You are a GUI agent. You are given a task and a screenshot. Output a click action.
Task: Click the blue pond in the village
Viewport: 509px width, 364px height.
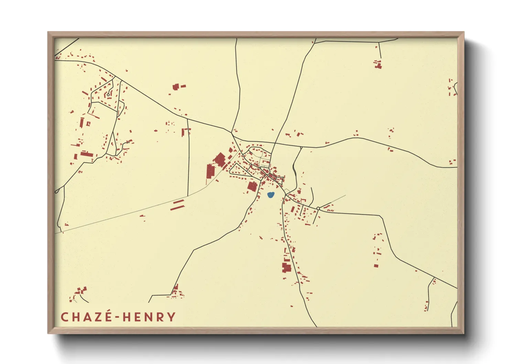pyautogui.click(x=271, y=195)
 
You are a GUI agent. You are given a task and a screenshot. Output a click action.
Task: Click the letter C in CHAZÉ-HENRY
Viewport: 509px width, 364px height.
pyautogui.click(x=64, y=317)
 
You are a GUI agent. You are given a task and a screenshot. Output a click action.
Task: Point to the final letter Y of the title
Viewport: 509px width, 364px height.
pyautogui.click(x=171, y=317)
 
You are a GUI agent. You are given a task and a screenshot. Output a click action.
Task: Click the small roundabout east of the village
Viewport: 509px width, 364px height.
pyautogui.click(x=318, y=208)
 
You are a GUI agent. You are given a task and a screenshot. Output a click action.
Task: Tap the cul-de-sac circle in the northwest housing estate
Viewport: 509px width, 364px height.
pyautogui.click(x=108, y=95)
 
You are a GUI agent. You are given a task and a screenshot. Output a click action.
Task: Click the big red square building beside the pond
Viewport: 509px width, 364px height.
pyautogui.click(x=252, y=186)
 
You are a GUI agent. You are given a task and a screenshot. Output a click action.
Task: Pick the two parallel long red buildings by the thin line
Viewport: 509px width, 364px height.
pyautogui.click(x=178, y=205)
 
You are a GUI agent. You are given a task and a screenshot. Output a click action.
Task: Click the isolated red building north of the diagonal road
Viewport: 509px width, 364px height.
pyautogui.click(x=176, y=86)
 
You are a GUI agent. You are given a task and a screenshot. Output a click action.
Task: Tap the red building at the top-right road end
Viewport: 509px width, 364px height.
pyautogui.click(x=378, y=65)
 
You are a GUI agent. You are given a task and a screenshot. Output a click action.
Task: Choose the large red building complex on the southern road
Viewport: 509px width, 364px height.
pyautogui.click(x=286, y=267)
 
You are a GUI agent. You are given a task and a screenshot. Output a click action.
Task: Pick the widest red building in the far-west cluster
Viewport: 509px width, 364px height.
pyautogui.click(x=87, y=154)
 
